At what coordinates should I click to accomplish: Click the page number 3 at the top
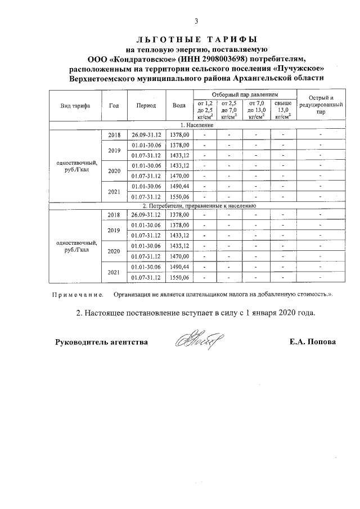pyautogui.click(x=196, y=21)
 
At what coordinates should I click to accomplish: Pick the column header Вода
pyautogui.click(x=179, y=106)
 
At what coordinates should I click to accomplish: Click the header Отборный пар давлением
pyautogui.click(x=245, y=94)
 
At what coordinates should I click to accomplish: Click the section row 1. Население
pyautogui.click(x=196, y=125)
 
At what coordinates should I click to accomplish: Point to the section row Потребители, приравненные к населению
pyautogui.click(x=196, y=206)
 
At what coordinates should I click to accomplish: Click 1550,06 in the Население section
pyautogui.click(x=179, y=197)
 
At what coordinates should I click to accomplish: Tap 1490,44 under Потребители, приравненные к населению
pyautogui.click(x=179, y=267)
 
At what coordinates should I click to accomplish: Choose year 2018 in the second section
pyautogui.click(x=114, y=215)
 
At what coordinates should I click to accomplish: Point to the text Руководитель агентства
pyautogui.click(x=102, y=342)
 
